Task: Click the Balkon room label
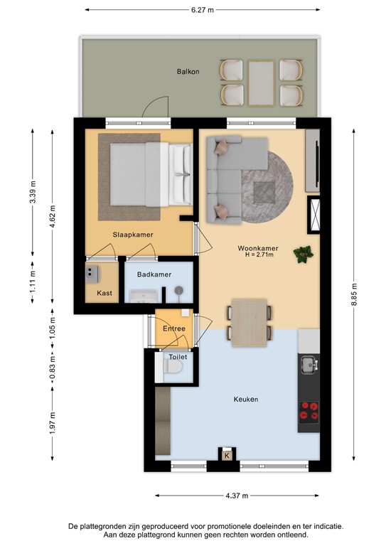coord(188,72)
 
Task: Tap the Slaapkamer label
coord(133,235)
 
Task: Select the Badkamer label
coord(154,274)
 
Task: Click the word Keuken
coord(246,399)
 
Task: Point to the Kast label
coord(104,293)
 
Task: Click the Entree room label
coord(174,328)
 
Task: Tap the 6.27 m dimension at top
coord(202,10)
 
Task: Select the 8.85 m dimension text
coord(354,294)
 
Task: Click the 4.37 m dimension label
coord(237,496)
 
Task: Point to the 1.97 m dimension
coord(52,423)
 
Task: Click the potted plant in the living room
coord(303,254)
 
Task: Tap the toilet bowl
coord(173,366)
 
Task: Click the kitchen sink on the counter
coord(309,365)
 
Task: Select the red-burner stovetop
coord(309,410)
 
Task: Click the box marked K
coord(227,455)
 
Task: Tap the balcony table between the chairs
coord(261,83)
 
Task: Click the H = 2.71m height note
coord(259,255)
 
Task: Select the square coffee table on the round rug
coord(264,193)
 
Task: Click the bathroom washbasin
coord(144,296)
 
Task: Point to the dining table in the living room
coord(250,323)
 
